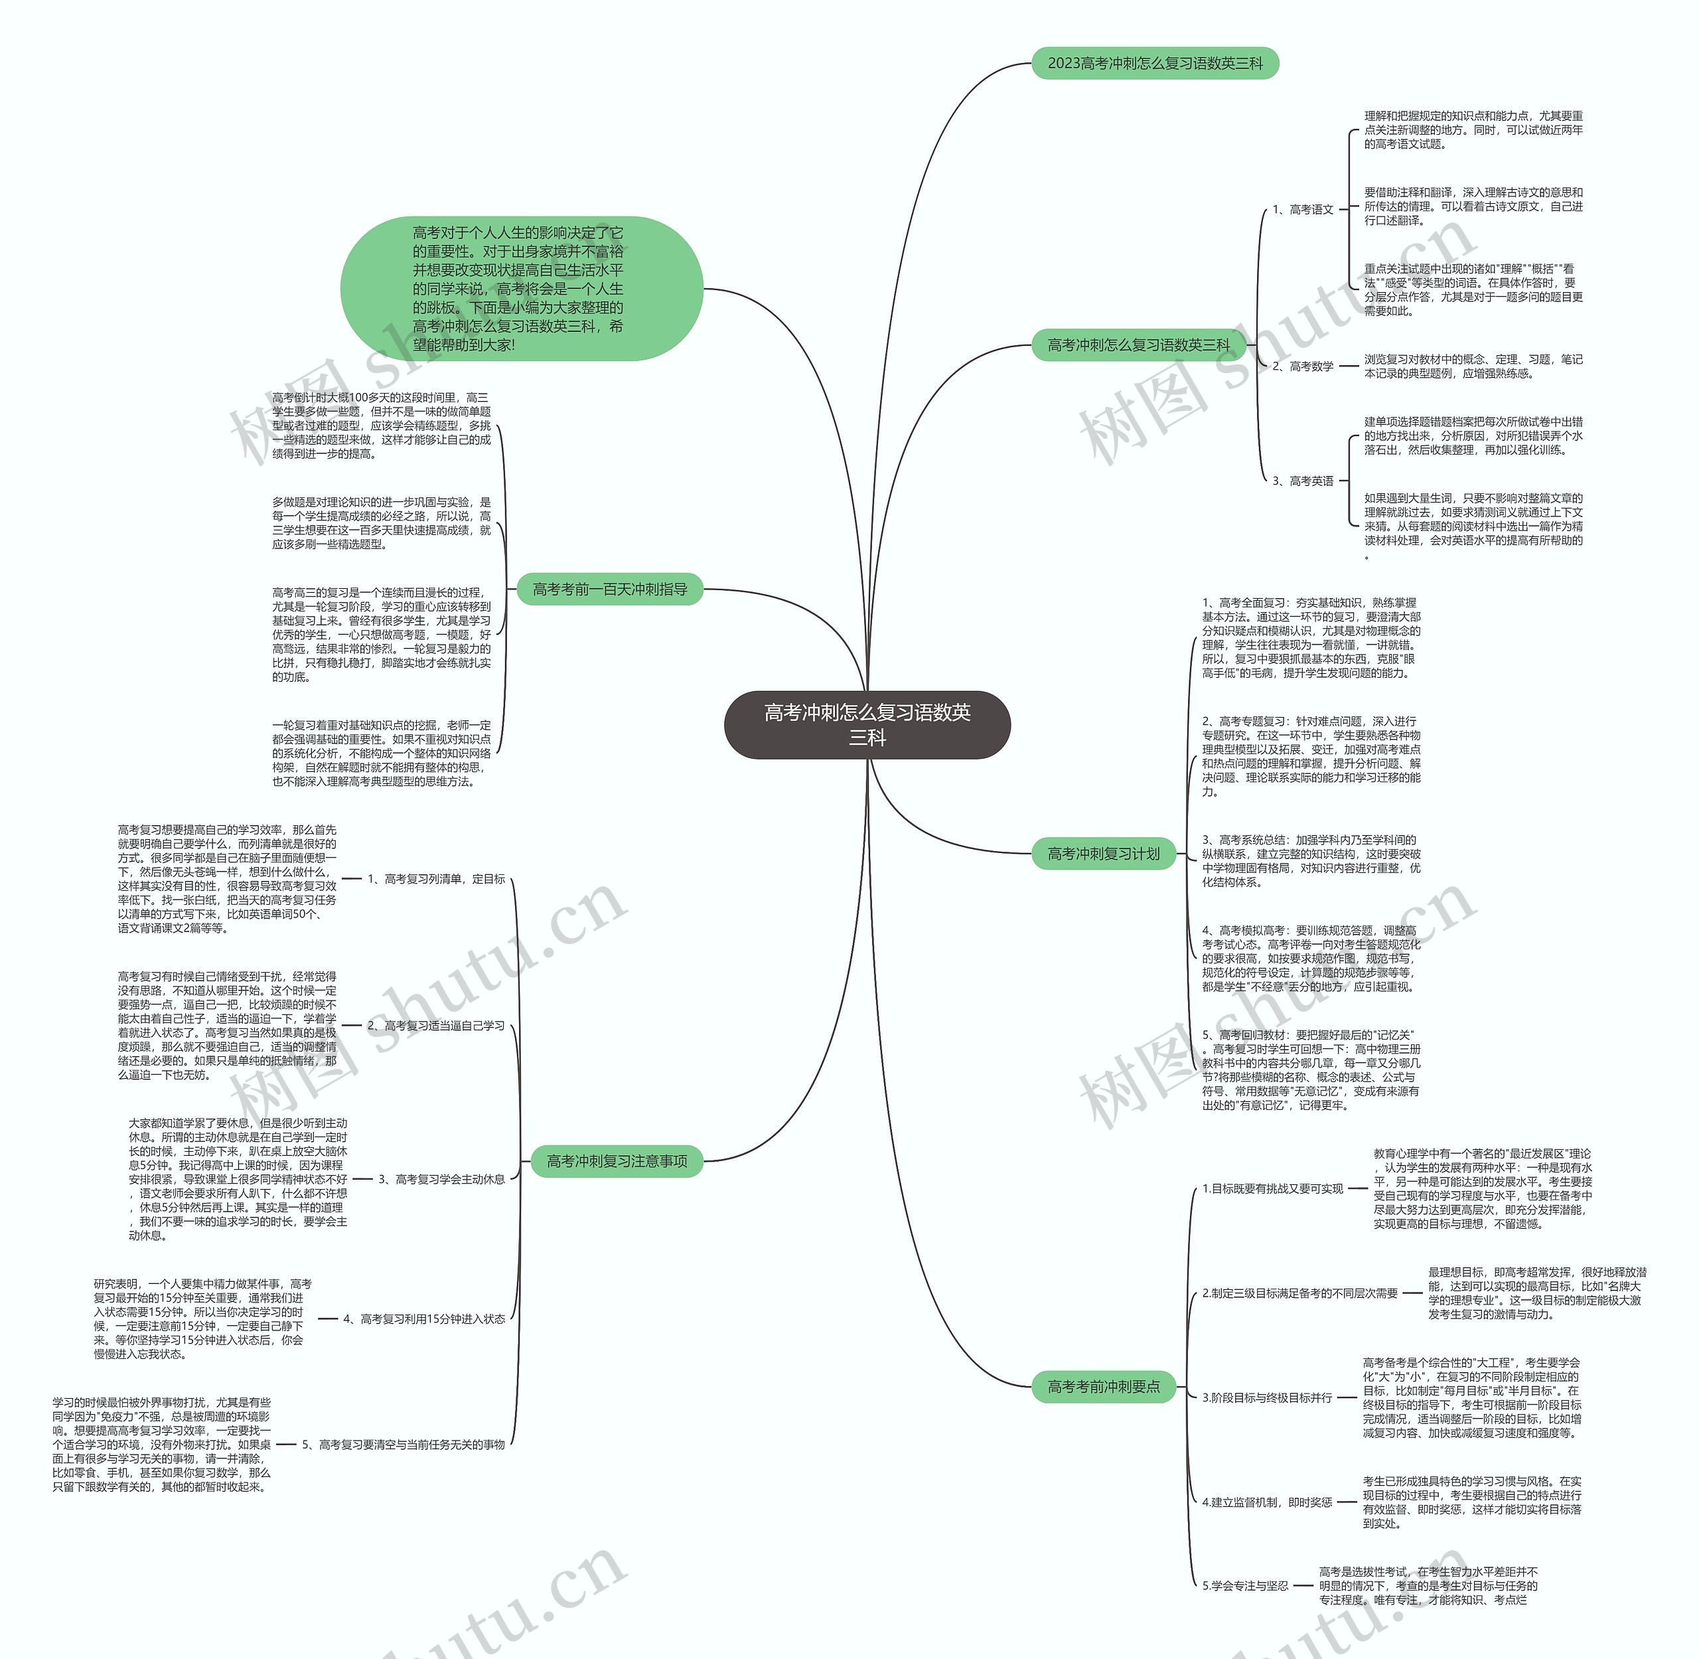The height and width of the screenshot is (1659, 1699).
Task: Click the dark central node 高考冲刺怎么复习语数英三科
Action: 867,725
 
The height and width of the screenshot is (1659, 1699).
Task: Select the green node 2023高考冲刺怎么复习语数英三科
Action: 1154,64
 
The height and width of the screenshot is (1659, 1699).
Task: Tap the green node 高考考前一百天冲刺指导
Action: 610,590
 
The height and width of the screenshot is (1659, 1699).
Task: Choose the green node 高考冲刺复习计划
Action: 1103,854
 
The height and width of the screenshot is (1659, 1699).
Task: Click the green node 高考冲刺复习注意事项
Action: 617,1162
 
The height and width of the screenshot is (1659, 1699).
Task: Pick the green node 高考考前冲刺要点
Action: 1103,1386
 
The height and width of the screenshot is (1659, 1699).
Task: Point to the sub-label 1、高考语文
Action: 1303,210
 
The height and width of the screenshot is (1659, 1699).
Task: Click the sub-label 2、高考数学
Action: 1303,367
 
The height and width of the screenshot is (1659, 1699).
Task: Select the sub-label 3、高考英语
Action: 1303,481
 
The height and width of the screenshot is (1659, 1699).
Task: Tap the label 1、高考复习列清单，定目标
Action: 435,879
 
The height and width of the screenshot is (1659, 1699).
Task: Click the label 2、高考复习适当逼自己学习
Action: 435,1026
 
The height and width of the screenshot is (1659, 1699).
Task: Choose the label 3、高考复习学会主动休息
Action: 441,1179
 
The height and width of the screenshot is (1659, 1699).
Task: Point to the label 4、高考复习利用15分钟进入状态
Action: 423,1319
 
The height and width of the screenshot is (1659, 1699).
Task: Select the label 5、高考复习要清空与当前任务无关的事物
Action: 403,1445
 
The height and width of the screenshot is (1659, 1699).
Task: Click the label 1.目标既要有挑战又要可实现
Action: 1272,1188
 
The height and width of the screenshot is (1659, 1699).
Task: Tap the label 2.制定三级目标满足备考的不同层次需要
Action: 1299,1293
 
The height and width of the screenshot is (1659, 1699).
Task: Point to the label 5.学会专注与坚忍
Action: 1245,1586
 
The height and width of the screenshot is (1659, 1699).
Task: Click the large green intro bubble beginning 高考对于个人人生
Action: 521,288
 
